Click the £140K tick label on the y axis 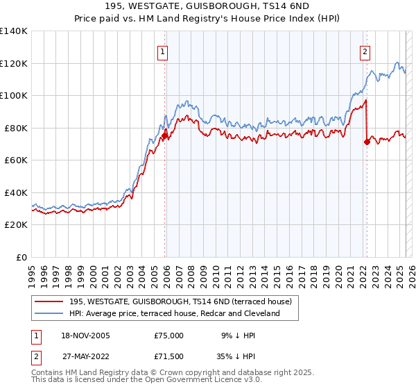(x=14, y=31)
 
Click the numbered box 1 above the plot (x=162, y=51)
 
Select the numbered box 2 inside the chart (x=365, y=51)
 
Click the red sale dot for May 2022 (x=367, y=142)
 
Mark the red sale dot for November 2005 (x=165, y=136)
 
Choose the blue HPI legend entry (x=174, y=313)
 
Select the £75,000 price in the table (x=169, y=336)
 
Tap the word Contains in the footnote (x=47, y=373)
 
